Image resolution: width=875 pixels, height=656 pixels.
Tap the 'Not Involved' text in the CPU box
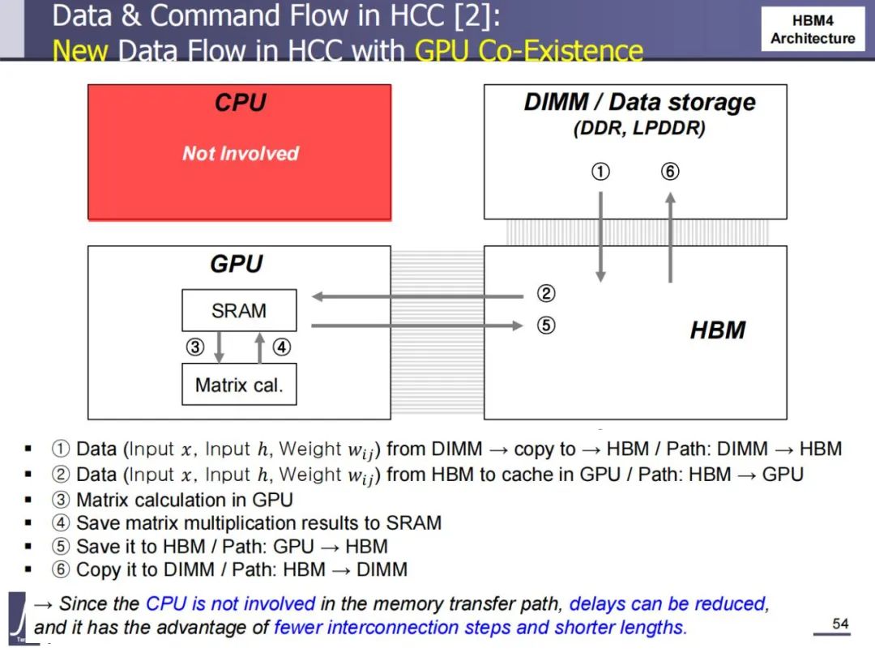[x=241, y=153]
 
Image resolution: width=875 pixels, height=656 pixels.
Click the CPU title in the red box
[x=241, y=103]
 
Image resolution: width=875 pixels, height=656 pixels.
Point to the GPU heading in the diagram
[x=237, y=264]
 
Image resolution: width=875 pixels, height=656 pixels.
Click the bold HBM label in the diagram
[x=718, y=330]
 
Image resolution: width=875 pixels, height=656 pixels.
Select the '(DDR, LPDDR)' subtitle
[x=639, y=128]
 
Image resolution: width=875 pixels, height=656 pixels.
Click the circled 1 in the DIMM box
[x=600, y=171]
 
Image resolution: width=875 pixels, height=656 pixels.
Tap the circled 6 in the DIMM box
[x=670, y=171]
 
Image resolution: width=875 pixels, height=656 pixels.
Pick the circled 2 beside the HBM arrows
[x=546, y=293]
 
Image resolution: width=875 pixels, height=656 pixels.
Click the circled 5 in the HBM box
[x=546, y=326]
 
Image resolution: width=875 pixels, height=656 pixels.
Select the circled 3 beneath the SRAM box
[x=194, y=347]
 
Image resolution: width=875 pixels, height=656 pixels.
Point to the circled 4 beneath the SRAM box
[x=282, y=347]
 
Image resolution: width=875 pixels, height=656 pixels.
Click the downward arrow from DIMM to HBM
[x=600, y=237]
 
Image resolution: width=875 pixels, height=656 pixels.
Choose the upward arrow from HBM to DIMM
[x=670, y=237]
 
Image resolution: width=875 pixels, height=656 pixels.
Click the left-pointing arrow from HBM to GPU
[x=417, y=296]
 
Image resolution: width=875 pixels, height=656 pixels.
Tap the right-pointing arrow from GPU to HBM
[x=417, y=326]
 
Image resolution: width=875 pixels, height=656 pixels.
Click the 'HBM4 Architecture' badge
[x=813, y=29]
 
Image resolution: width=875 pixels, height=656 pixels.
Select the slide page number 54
[x=840, y=624]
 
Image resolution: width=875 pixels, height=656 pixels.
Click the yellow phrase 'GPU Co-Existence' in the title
[x=528, y=51]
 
